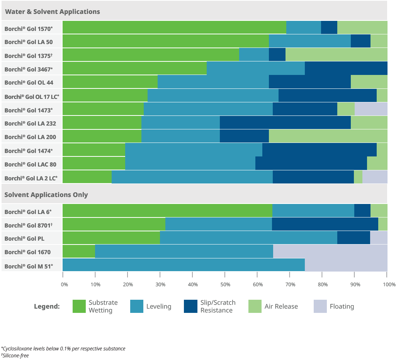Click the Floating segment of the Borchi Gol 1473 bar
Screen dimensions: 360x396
371,109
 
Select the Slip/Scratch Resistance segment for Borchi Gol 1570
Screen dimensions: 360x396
329,27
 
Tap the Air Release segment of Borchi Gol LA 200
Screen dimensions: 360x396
328,136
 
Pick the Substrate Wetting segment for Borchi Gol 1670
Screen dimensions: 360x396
78,251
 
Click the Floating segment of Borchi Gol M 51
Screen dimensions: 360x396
346,265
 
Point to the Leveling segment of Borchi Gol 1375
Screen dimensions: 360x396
254,55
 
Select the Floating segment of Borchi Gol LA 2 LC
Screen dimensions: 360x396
375,177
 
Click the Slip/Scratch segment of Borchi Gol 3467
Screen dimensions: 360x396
346,68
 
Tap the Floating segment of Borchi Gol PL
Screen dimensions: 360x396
379,238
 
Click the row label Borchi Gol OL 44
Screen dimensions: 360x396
29,82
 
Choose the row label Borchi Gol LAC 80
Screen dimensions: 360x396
31,164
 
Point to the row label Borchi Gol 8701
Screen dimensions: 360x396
29,225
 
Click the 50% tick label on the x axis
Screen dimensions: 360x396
225,285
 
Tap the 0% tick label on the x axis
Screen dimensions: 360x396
65,285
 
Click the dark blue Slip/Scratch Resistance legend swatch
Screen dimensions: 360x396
190,306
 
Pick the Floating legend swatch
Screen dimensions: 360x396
320,306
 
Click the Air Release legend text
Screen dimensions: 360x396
281,307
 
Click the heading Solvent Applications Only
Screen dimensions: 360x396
46,195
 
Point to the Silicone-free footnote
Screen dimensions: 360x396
15,355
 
